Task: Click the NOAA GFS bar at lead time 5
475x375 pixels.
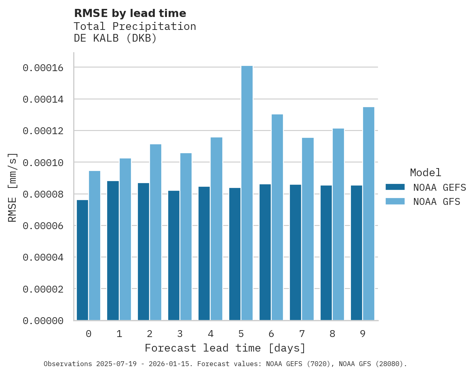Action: click(x=247, y=193)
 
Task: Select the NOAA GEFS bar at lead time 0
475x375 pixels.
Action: click(x=82, y=260)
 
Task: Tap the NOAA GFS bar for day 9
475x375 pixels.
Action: click(x=369, y=214)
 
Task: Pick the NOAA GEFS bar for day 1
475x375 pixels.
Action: click(x=113, y=251)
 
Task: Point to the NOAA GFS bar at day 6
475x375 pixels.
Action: click(x=277, y=217)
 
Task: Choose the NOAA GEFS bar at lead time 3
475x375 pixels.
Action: click(x=174, y=255)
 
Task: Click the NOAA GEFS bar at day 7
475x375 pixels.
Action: click(x=296, y=253)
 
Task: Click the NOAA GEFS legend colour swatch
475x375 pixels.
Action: click(x=395, y=187)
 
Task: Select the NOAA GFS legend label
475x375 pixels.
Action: click(x=437, y=201)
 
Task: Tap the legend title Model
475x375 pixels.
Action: click(x=425, y=173)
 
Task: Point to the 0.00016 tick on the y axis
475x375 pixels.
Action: click(x=43, y=67)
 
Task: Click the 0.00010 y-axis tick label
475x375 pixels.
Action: click(x=43, y=162)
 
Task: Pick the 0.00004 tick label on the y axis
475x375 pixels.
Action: click(x=43, y=257)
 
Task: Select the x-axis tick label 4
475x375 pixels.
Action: click(x=211, y=334)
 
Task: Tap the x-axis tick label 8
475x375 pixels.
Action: click(x=332, y=334)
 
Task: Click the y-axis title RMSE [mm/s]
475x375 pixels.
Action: click(x=13, y=187)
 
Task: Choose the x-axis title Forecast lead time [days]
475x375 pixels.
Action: click(x=225, y=348)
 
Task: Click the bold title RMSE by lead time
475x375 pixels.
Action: click(x=130, y=13)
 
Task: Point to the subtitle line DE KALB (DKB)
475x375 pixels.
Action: click(x=115, y=38)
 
